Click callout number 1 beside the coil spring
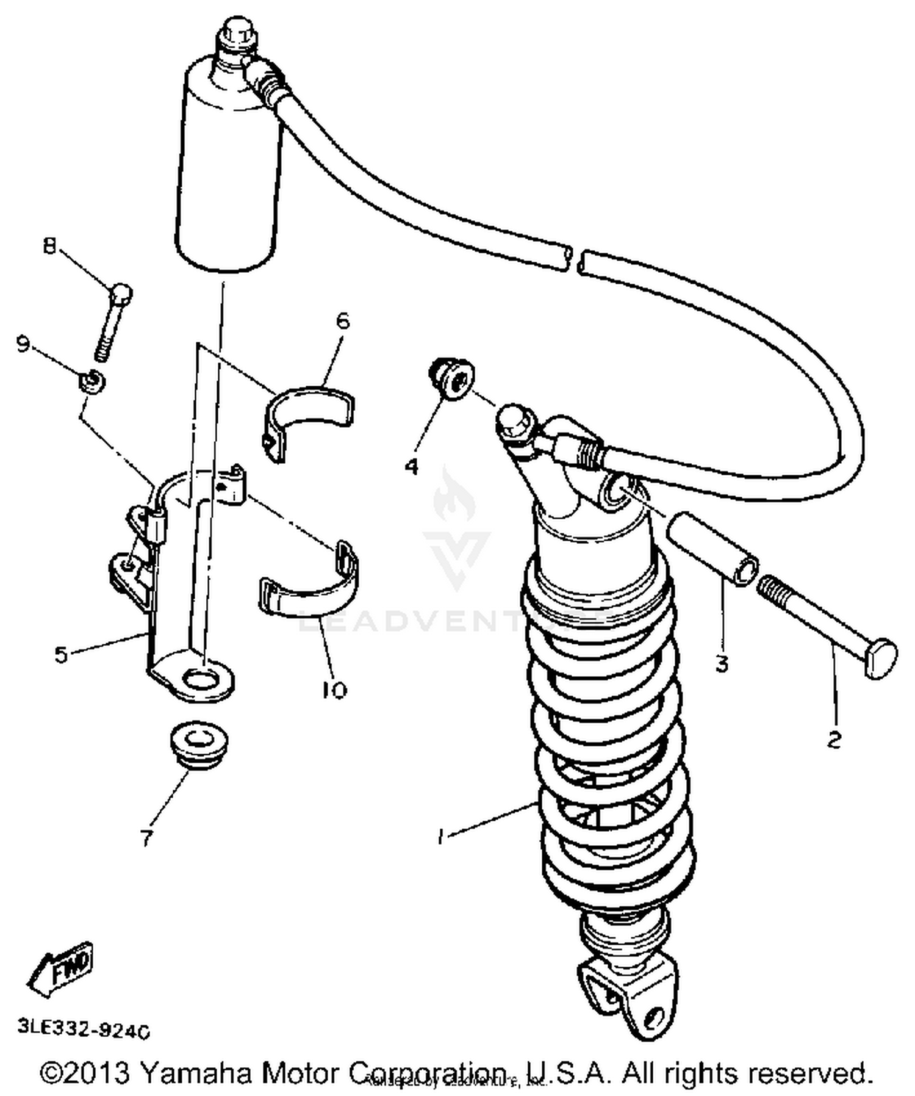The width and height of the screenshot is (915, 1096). click(440, 835)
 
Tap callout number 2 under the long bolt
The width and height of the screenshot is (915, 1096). click(834, 740)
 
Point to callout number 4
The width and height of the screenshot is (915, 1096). click(412, 467)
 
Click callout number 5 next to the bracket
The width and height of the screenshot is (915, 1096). click(61, 655)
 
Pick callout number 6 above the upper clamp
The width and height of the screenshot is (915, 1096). click(343, 320)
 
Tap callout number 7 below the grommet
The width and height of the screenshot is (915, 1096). click(146, 838)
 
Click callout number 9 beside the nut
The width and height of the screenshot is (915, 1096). click(23, 344)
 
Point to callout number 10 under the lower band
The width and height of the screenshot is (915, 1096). click(334, 690)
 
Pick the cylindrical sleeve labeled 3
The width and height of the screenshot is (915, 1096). click(712, 547)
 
